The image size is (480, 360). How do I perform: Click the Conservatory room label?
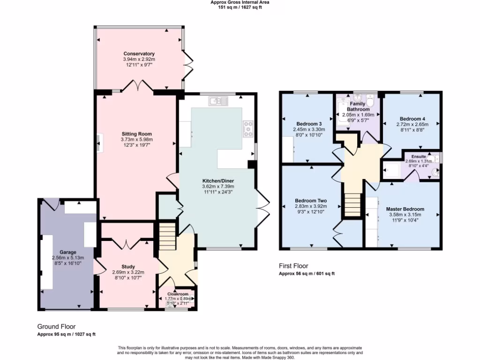click(139, 54)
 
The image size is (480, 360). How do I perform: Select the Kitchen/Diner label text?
click(218, 180)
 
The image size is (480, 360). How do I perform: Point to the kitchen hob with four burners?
click(247, 128)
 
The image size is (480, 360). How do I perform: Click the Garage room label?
click(67, 252)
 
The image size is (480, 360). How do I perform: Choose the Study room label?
click(128, 266)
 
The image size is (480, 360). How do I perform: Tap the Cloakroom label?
click(178, 294)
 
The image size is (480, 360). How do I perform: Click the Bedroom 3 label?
click(310, 124)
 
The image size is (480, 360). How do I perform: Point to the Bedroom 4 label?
click(412, 119)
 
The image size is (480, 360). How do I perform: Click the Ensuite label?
click(419, 156)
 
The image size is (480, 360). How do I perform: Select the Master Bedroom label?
click(405, 209)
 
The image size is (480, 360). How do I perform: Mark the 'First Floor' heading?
click(293, 266)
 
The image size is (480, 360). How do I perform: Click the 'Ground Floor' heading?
click(56, 326)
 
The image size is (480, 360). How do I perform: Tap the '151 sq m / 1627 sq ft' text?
click(240, 7)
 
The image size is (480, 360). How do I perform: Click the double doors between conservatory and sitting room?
click(138, 87)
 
